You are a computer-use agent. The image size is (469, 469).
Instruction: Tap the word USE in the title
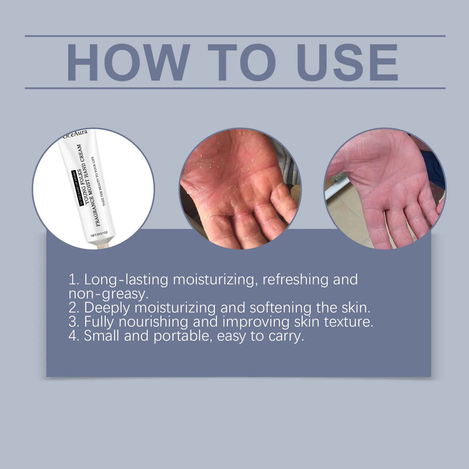[x=348, y=62]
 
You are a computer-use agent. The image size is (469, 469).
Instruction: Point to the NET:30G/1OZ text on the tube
[x=99, y=234]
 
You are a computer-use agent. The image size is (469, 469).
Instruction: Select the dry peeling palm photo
[x=240, y=188]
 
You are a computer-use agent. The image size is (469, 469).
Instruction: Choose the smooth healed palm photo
[x=385, y=188]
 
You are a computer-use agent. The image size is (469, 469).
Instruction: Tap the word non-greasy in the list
[x=108, y=294]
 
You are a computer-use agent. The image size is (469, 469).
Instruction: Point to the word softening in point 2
[x=281, y=308]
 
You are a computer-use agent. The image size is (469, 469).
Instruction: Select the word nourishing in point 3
[x=153, y=322]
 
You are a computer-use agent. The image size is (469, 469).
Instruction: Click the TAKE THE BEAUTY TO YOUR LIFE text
[x=101, y=181]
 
